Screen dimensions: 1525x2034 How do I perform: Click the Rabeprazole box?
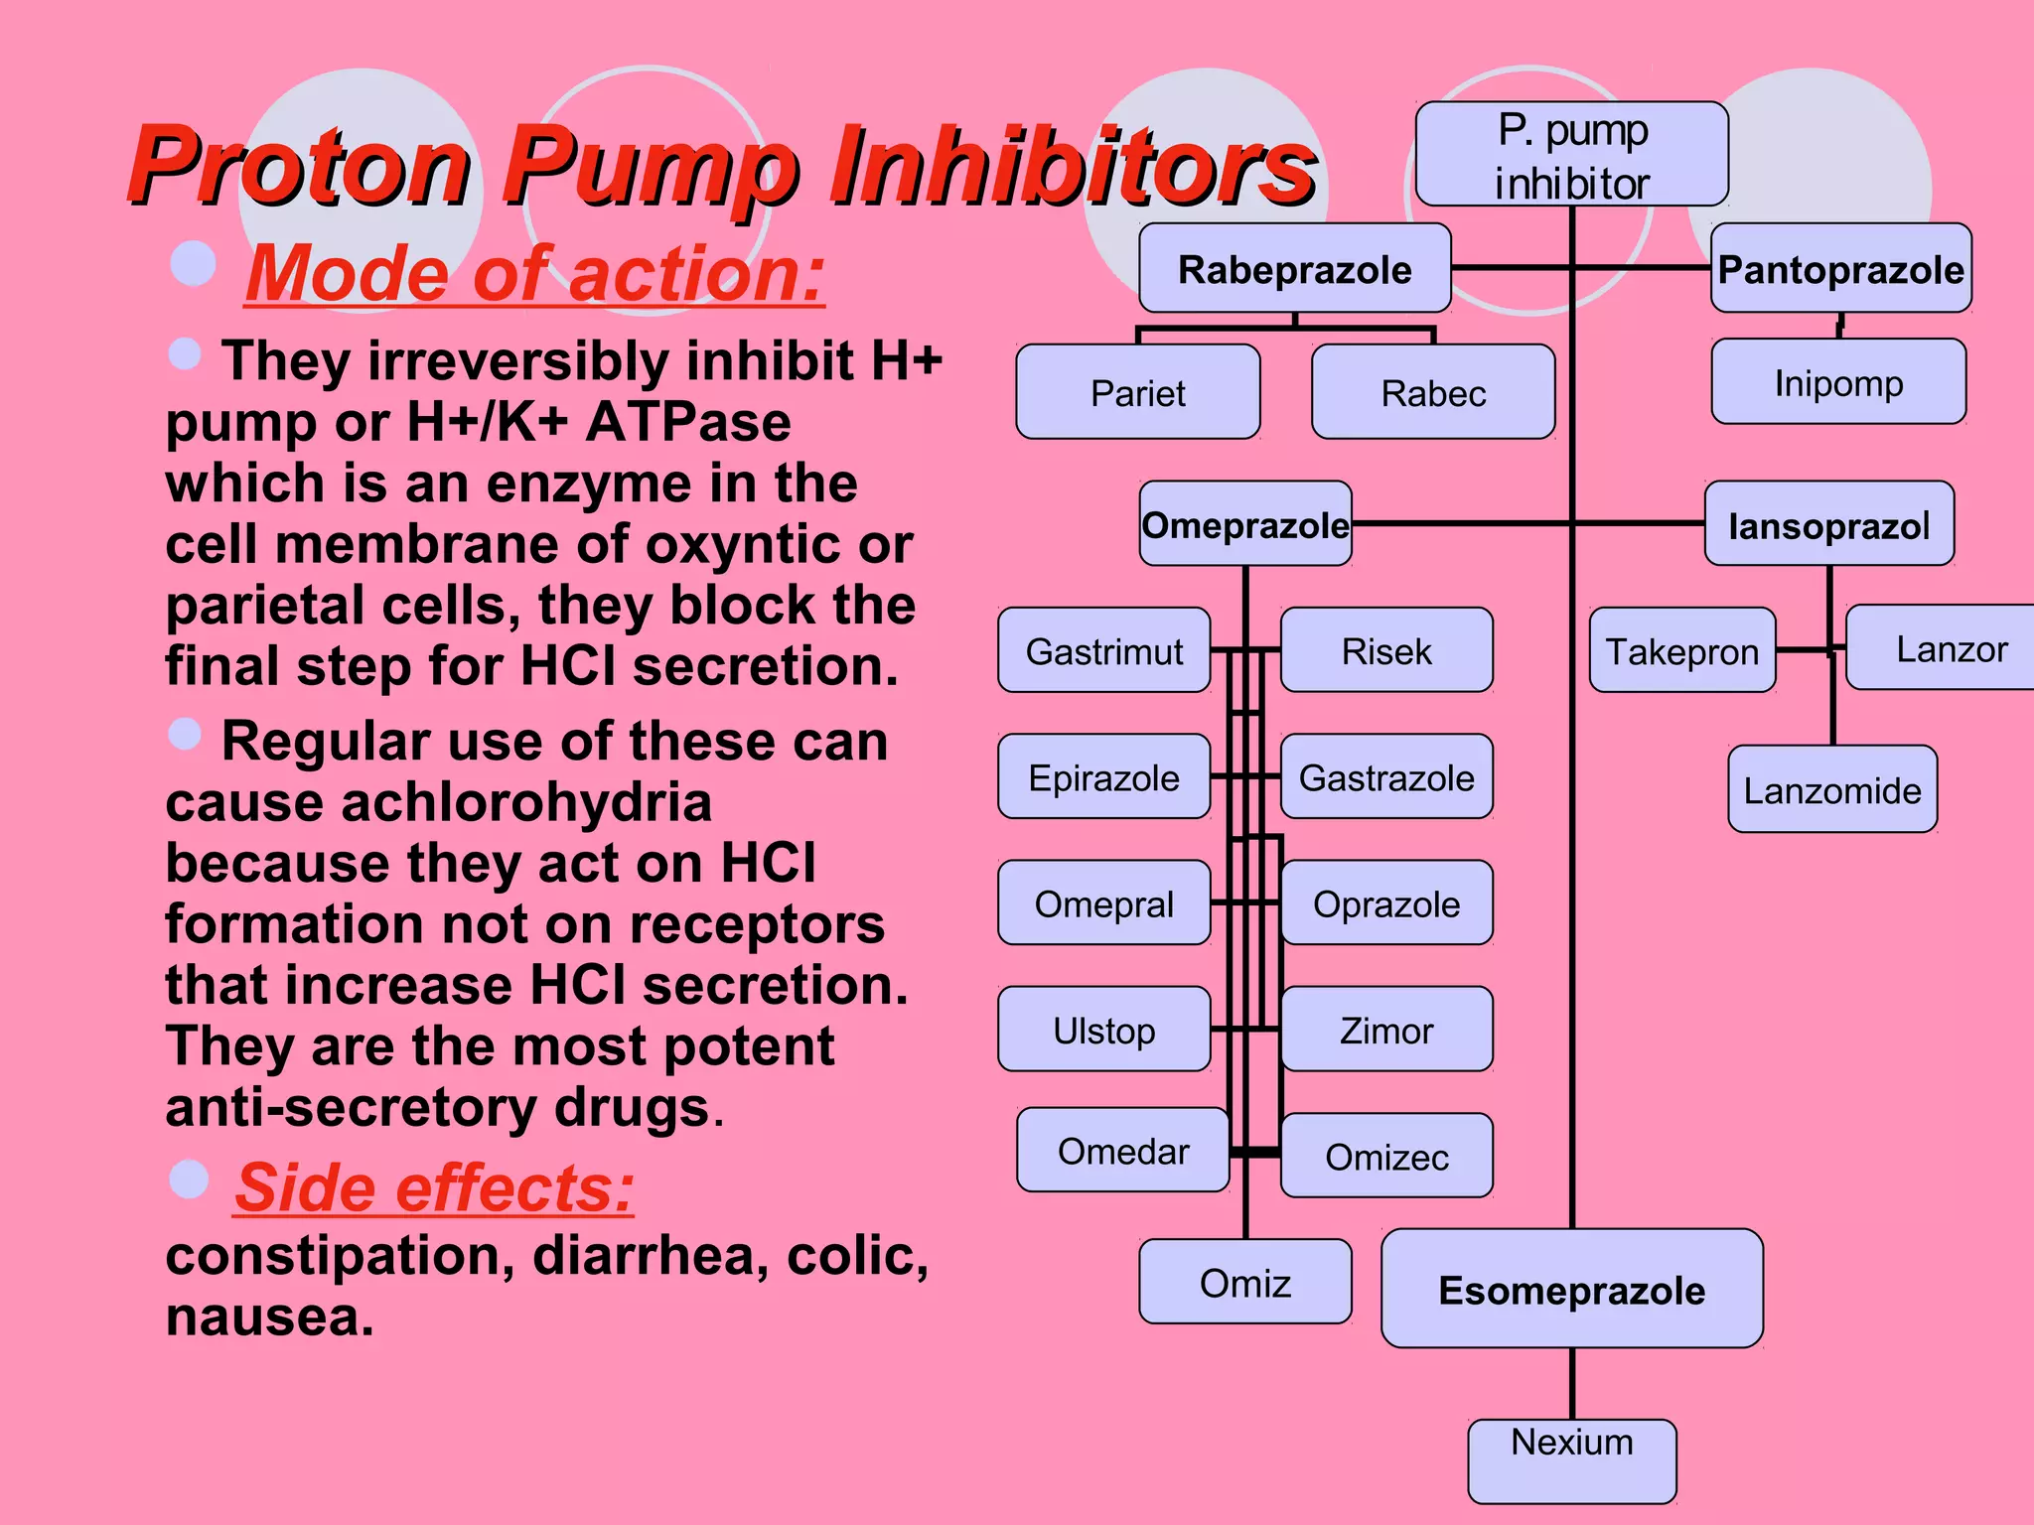coord(1294,268)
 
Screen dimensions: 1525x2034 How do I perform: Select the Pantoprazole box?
coord(1840,268)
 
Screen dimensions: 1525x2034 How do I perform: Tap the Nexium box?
coord(1571,1459)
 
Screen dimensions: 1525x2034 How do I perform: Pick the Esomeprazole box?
coord(1571,1289)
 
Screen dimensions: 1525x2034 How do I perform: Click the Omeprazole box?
coord(1244,524)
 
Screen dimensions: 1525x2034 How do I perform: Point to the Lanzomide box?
coord(1831,789)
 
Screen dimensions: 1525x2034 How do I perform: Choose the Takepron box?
coord(1681,650)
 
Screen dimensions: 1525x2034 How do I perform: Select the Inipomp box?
coord(1837,382)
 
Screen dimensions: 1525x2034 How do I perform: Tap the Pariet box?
coord(1137,392)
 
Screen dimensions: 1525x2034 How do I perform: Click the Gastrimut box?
coord(1103,650)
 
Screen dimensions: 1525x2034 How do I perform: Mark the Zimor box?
coord(1386,1030)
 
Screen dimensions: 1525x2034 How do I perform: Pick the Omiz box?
coord(1244,1282)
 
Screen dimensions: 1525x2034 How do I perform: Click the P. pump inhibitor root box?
coord(1571,155)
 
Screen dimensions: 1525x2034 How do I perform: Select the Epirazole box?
coord(1103,776)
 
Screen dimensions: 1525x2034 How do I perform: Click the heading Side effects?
coord(434,1187)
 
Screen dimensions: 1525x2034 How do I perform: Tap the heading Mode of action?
coord(534,273)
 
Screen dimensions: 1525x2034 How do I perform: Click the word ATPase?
coord(688,422)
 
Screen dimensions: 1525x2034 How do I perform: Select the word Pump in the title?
coord(651,166)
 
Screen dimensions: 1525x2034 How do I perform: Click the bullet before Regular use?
coord(185,735)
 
